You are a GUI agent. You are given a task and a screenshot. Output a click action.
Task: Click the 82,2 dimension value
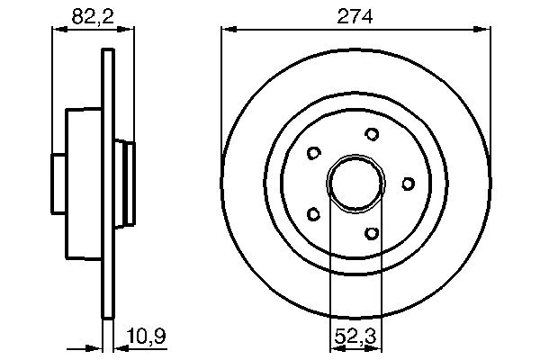(x=94, y=14)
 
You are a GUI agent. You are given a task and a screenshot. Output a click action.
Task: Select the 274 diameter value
(x=355, y=14)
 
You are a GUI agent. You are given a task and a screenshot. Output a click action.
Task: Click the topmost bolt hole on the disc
(x=372, y=134)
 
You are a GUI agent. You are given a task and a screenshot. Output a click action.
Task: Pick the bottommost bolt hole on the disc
(x=372, y=233)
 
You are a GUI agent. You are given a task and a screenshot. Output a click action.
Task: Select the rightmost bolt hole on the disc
(x=408, y=184)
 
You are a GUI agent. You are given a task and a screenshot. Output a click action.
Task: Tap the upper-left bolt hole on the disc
(x=313, y=153)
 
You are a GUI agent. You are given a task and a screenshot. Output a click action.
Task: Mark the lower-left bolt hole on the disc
(x=313, y=214)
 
